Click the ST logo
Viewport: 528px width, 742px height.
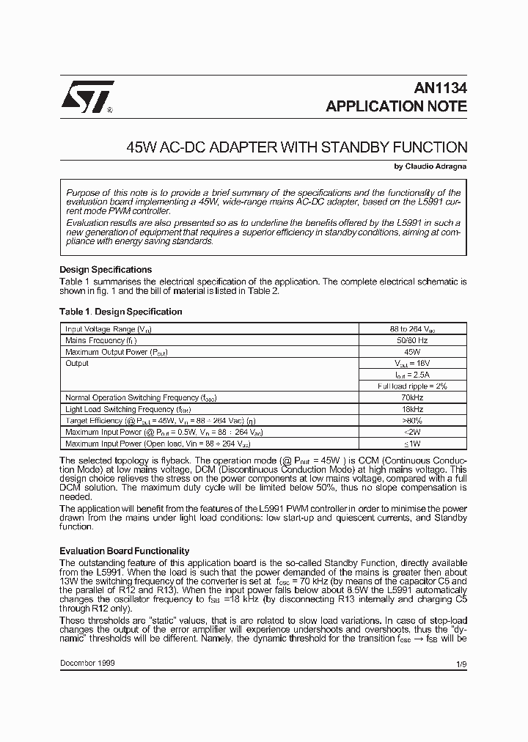(83, 98)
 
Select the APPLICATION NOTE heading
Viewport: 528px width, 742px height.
(396, 106)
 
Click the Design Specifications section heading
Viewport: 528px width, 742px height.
(106, 270)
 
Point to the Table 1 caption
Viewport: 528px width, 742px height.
(120, 312)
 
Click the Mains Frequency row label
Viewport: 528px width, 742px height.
(101, 341)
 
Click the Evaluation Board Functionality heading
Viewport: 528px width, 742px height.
(124, 551)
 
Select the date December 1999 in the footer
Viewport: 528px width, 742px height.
(87, 662)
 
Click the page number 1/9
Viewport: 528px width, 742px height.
(461, 663)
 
